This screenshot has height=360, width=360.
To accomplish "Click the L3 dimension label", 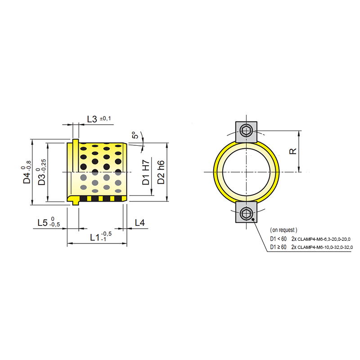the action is [92, 119].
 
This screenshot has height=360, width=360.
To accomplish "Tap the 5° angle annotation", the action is [135, 135].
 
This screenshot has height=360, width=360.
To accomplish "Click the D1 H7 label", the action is [146, 172].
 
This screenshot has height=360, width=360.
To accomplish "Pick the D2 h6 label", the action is [161, 172].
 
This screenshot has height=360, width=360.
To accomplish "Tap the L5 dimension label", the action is [42, 222].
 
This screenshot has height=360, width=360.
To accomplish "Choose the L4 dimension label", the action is [139, 222].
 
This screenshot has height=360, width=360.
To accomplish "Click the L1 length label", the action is [95, 238].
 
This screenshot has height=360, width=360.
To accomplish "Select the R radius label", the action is [293, 151].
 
